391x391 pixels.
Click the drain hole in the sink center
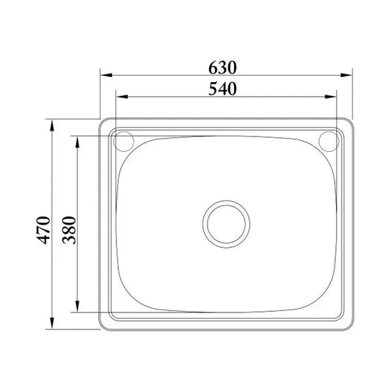click(x=227, y=222)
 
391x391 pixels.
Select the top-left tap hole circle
click(x=124, y=140)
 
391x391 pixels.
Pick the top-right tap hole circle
click(x=329, y=140)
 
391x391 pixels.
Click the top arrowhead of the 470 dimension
click(x=53, y=125)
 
